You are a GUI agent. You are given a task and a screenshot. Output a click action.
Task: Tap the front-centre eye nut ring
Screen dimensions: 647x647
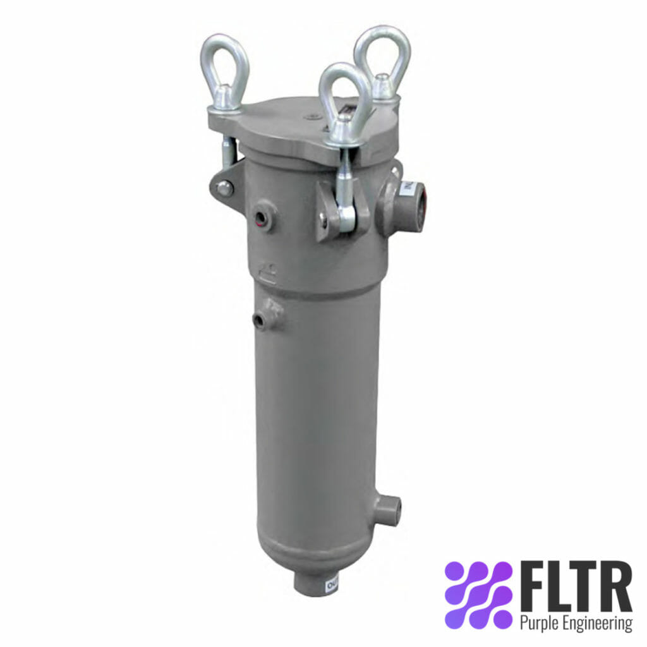(344, 95)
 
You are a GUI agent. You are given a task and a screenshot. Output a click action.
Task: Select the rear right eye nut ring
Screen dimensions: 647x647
(382, 54)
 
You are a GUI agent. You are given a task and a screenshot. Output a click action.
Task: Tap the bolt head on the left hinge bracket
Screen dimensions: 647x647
(223, 188)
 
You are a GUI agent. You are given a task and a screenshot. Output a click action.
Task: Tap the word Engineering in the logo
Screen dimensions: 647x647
(597, 624)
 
